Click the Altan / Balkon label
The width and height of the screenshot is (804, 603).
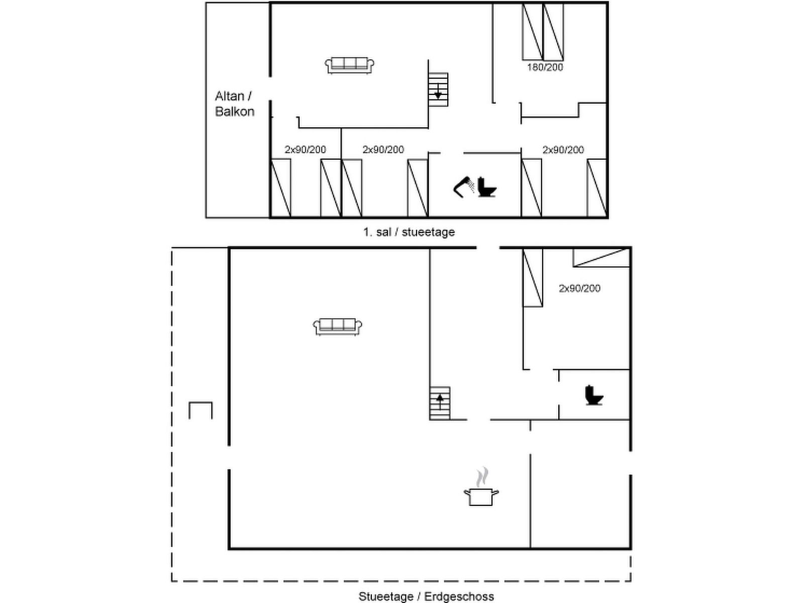tap(235, 104)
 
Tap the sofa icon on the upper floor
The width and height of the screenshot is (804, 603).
tap(349, 65)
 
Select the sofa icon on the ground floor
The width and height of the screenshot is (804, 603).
tap(337, 327)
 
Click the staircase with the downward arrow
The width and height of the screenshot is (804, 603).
tap(438, 90)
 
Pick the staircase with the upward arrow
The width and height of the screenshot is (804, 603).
tap(440, 403)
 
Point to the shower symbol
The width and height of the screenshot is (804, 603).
tap(464, 187)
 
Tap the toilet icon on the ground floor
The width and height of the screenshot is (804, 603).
tap(594, 395)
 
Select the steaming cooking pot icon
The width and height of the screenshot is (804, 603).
tap(481, 486)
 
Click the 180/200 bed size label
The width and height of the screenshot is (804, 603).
tap(545, 67)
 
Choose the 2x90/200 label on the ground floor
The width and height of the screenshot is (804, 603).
tap(579, 288)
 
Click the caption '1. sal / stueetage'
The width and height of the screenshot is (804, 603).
tap(409, 232)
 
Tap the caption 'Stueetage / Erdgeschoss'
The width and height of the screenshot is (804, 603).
tap(426, 596)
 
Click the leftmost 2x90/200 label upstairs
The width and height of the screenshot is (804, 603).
tap(305, 150)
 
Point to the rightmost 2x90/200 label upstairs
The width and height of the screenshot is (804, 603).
tap(563, 150)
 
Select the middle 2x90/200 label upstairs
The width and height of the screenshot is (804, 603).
tap(383, 150)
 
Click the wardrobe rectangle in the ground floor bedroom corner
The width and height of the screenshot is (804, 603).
tap(601, 258)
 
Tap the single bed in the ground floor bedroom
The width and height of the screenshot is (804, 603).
tap(533, 277)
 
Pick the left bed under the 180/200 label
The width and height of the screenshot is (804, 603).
tap(532, 32)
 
